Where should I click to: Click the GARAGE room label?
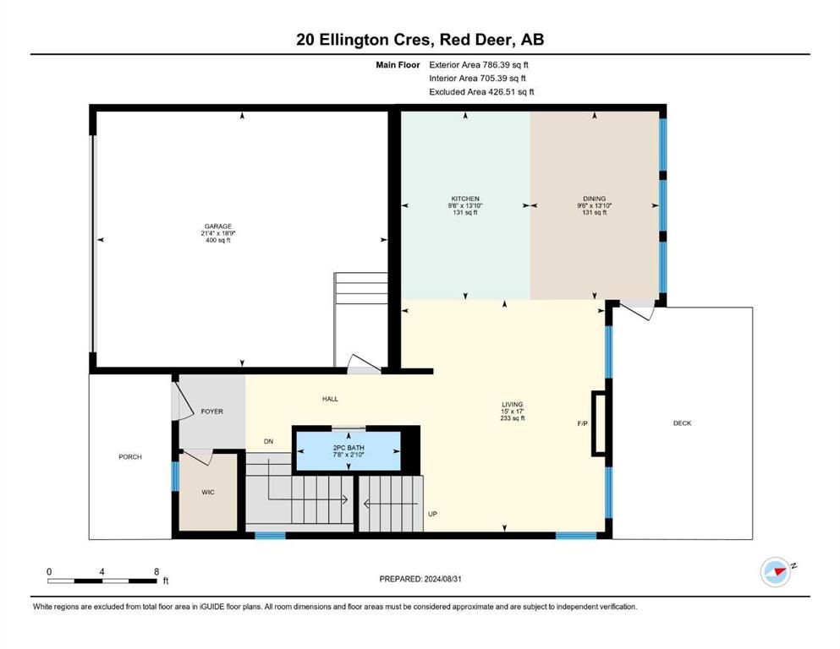click(x=218, y=226)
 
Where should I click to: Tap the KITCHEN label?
click(x=465, y=199)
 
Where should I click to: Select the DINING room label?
click(x=594, y=199)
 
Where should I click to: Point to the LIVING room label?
click(x=512, y=405)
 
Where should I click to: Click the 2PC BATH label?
click(x=349, y=448)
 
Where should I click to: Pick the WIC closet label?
click(x=208, y=492)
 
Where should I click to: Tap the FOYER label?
click(x=211, y=412)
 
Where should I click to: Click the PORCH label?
click(x=130, y=457)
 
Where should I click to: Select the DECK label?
click(x=682, y=423)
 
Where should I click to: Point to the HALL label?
click(x=330, y=399)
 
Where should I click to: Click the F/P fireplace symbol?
click(x=599, y=423)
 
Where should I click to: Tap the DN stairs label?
click(x=268, y=441)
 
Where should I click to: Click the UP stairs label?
click(x=432, y=514)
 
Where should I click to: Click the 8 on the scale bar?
click(x=156, y=571)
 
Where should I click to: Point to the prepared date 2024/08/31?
click(x=442, y=579)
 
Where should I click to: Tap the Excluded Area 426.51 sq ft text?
click(x=481, y=91)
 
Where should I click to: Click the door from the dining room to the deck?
click(x=638, y=309)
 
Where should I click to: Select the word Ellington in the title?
click(x=354, y=40)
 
